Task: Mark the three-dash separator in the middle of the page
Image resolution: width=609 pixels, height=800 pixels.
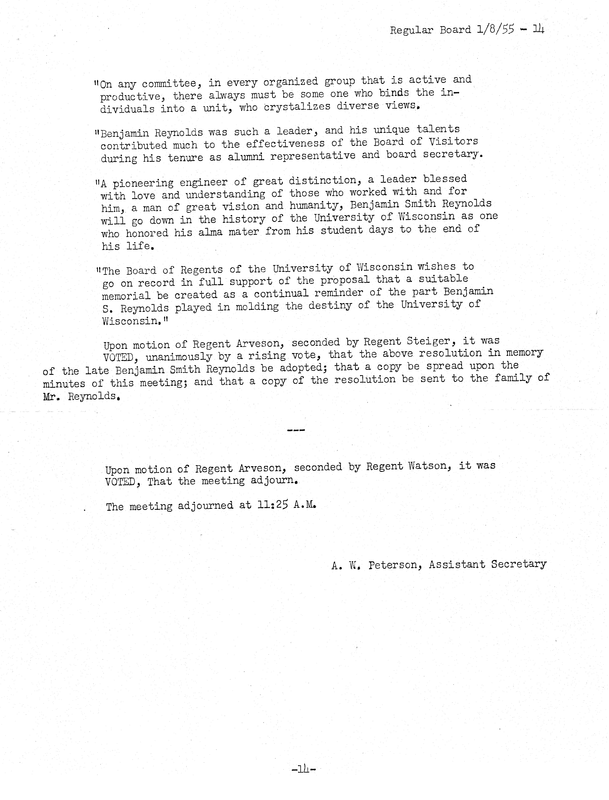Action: coord(296,430)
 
